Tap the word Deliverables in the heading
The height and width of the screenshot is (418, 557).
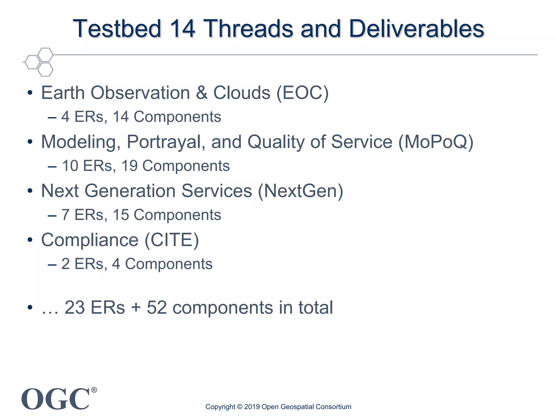click(416, 29)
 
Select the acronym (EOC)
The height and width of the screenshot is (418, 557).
click(303, 93)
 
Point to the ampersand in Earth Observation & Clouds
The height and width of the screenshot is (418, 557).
click(202, 93)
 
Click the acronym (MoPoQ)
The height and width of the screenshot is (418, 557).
click(436, 142)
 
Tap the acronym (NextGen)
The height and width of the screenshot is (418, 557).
click(301, 191)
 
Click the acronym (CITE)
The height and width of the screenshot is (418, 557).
click(172, 240)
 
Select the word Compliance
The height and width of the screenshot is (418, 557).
click(90, 240)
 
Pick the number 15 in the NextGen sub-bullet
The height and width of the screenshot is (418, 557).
click(121, 215)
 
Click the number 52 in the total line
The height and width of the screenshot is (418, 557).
click(157, 308)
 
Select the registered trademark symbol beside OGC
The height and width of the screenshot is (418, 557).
click(94, 390)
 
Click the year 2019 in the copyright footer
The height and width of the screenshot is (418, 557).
click(252, 407)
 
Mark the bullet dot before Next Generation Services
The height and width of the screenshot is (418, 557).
click(30, 191)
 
